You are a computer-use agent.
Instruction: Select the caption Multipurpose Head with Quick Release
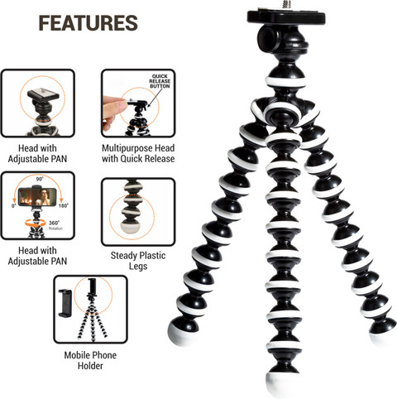(x=138, y=153)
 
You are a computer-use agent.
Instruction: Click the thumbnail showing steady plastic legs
(x=138, y=212)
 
